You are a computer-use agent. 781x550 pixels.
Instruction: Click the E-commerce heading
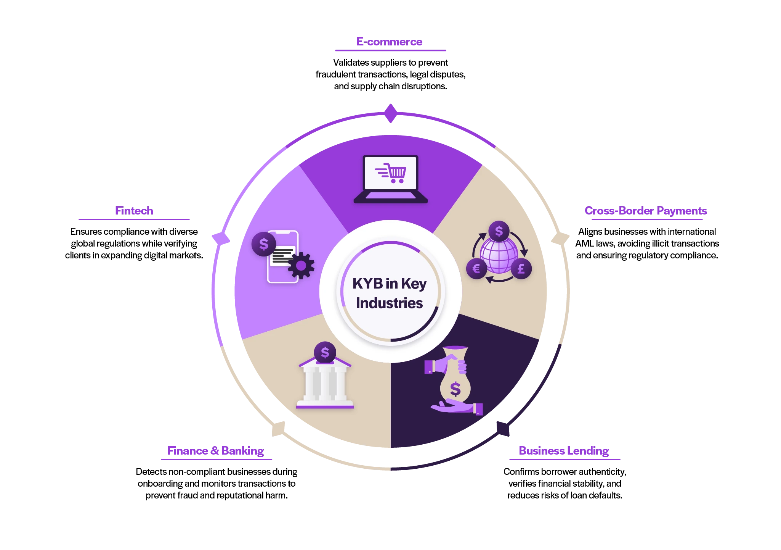(x=390, y=41)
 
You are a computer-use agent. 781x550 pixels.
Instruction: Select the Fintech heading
(x=134, y=211)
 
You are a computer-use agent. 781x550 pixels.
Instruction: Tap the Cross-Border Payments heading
(x=646, y=211)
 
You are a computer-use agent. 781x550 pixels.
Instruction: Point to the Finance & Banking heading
(x=216, y=451)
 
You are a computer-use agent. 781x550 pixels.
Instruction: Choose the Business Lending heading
(x=564, y=451)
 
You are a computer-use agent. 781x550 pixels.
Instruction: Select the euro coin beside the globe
(x=476, y=269)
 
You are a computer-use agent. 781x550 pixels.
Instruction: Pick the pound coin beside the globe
(x=521, y=269)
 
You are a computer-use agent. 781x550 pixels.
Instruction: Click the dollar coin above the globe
(x=499, y=231)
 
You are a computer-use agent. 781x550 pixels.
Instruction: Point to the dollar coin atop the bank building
(x=325, y=352)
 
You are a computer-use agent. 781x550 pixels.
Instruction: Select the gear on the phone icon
(x=301, y=266)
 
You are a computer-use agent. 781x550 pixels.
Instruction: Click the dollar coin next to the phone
(x=264, y=244)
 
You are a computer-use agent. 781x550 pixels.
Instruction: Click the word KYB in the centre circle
(x=367, y=284)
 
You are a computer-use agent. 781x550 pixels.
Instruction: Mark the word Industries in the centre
(x=389, y=303)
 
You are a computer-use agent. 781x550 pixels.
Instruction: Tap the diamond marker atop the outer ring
(x=391, y=113)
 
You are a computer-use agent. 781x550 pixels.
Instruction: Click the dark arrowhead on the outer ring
(x=502, y=428)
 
